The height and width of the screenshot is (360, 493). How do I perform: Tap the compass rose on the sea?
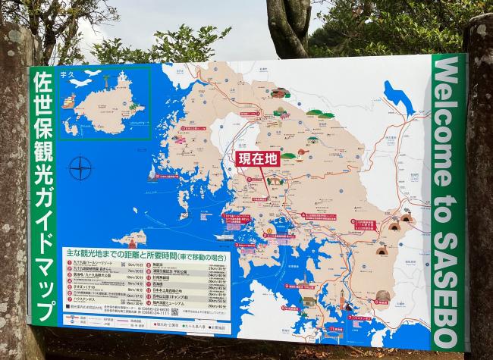click(x=80, y=167)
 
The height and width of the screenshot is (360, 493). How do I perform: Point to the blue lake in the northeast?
click(x=397, y=97)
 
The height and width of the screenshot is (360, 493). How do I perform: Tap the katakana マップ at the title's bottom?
click(x=44, y=298)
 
